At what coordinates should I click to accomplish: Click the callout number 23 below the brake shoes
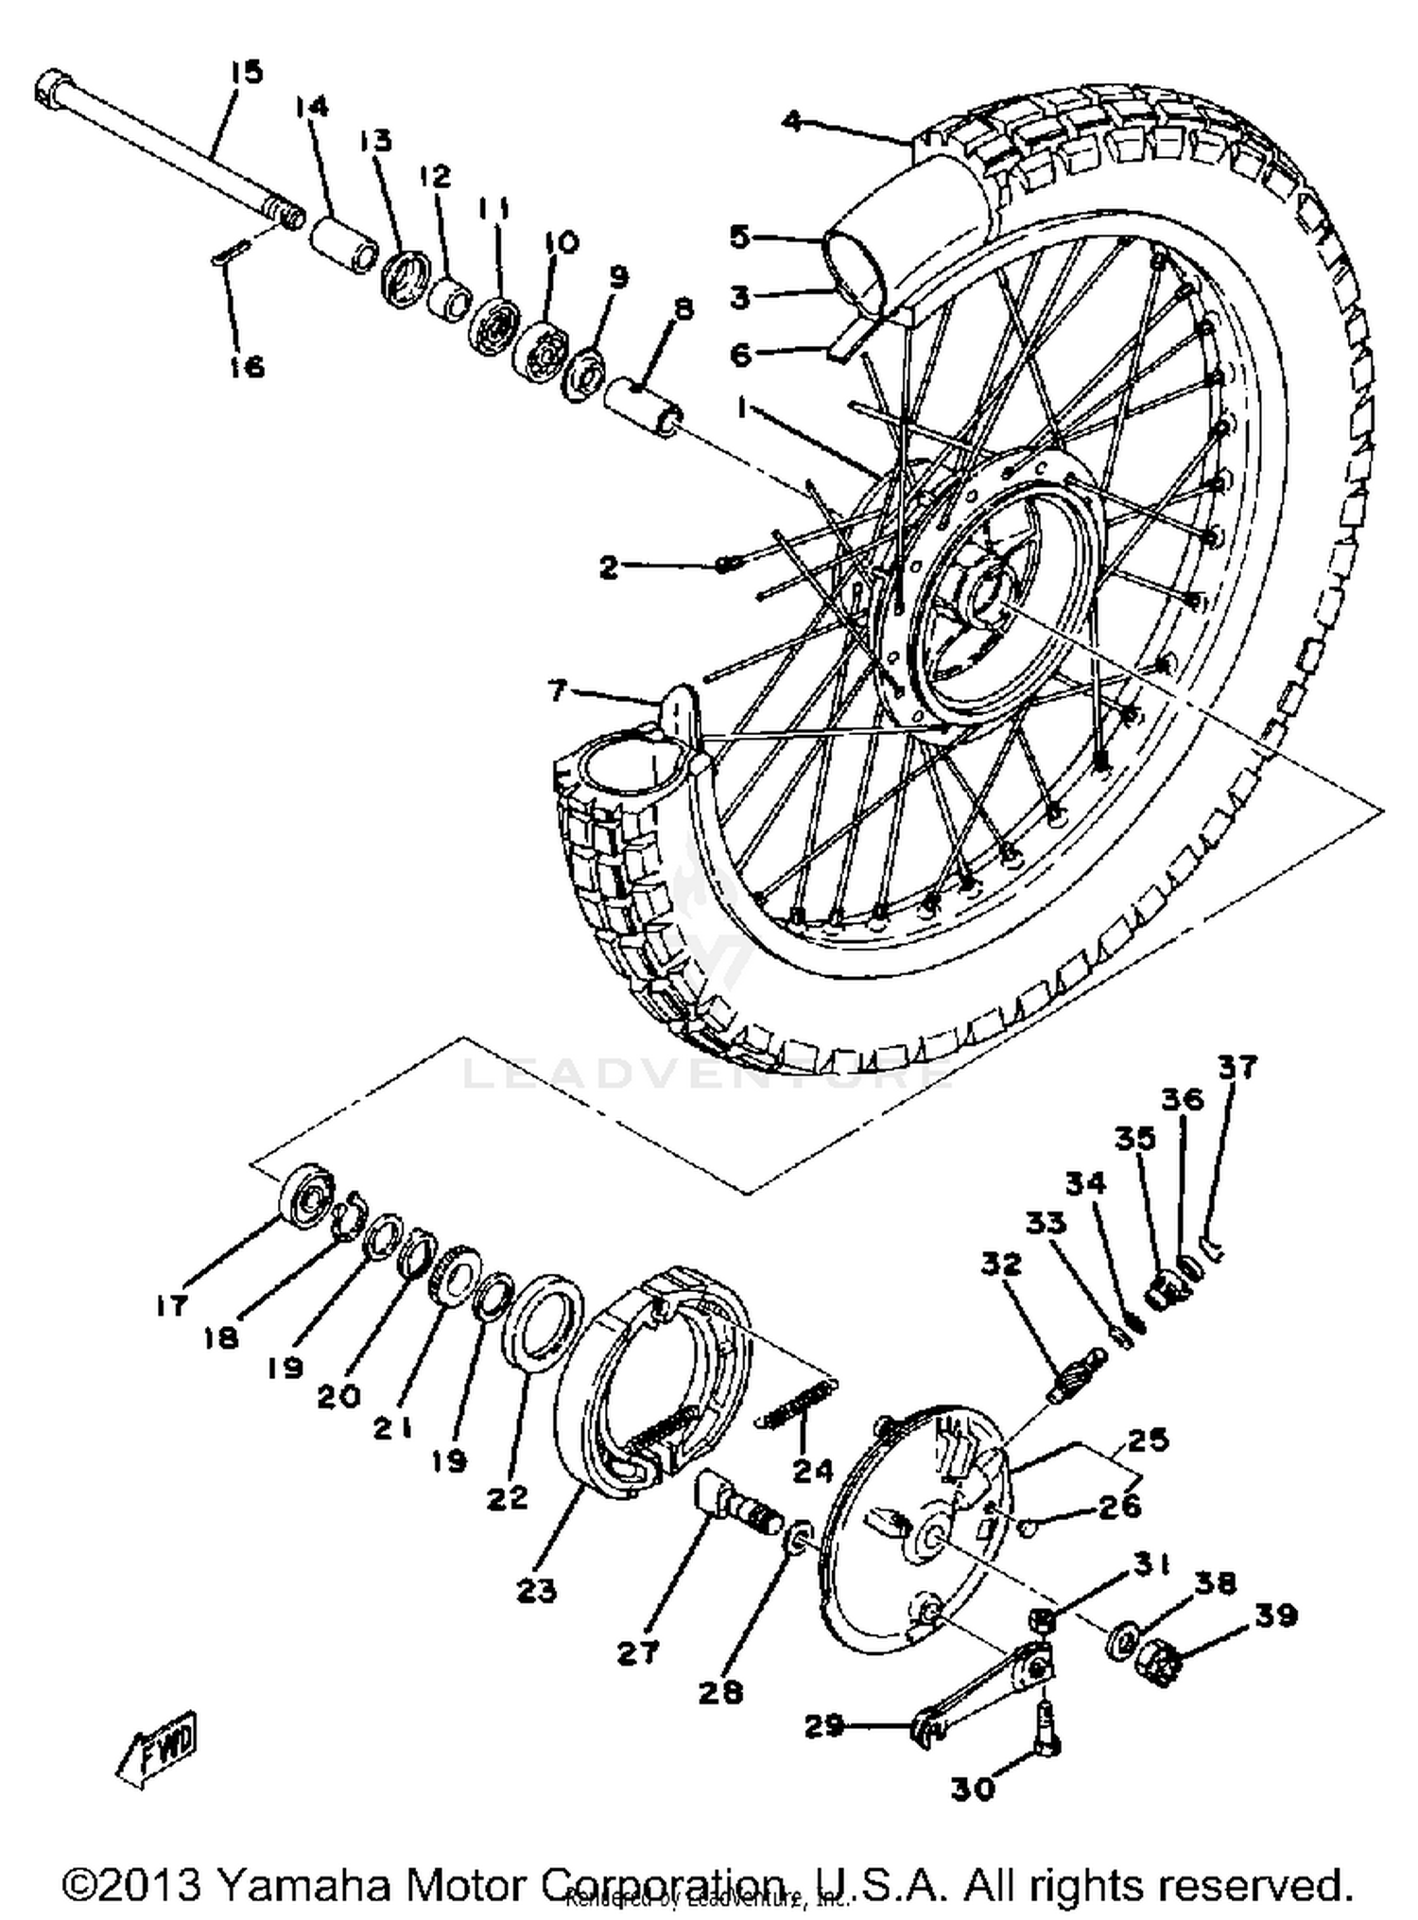click(537, 1591)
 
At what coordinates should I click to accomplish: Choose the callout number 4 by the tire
click(792, 121)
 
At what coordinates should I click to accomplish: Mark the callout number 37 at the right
click(1237, 1067)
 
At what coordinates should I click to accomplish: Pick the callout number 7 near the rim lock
click(558, 691)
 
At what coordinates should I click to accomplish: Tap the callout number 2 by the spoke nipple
click(609, 567)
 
